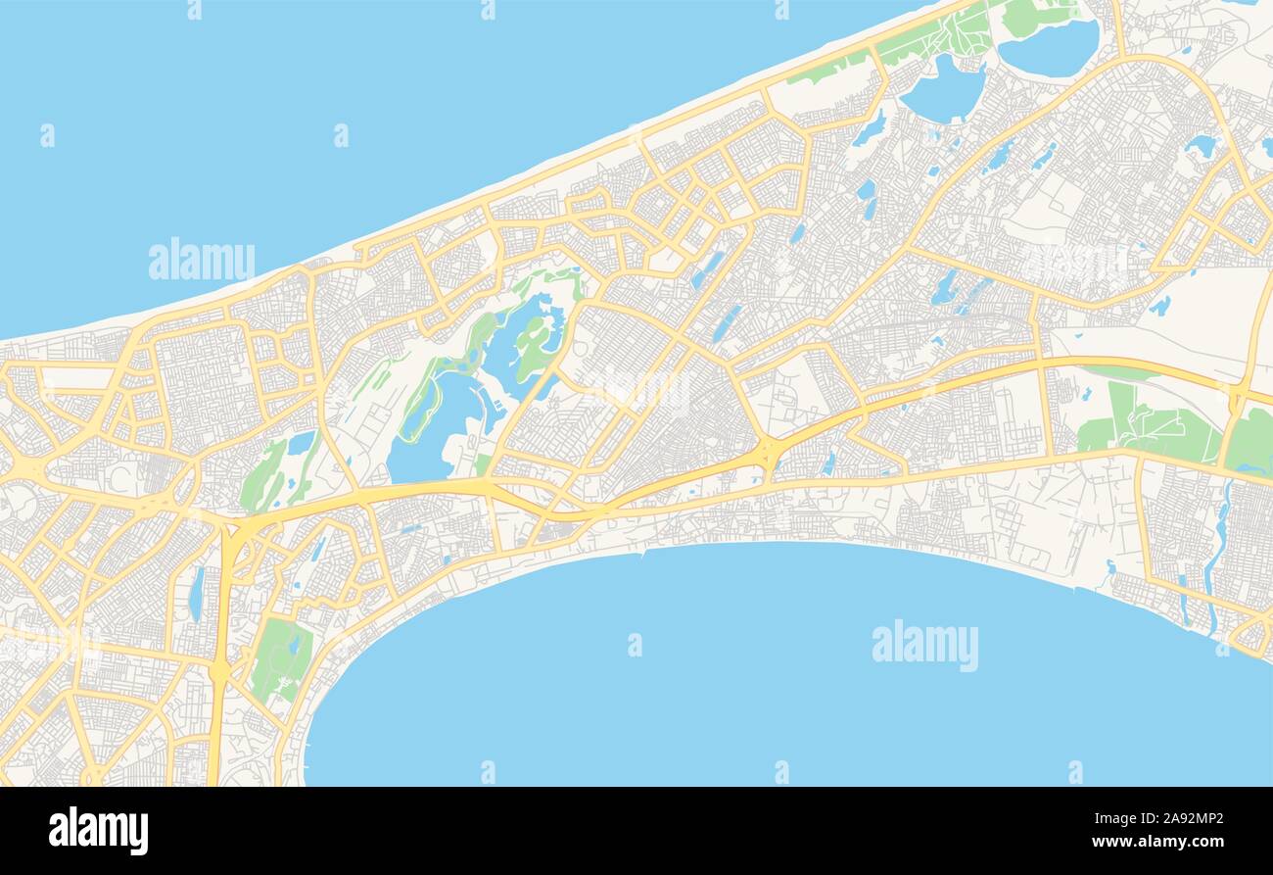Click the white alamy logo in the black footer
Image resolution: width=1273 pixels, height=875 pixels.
tap(98, 831)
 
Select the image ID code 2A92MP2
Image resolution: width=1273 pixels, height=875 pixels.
tap(1189, 819)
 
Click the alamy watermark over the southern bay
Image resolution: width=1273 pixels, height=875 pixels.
tap(924, 645)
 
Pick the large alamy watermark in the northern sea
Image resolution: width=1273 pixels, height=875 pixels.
tap(201, 261)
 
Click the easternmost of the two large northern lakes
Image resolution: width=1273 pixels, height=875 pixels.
tap(1049, 47)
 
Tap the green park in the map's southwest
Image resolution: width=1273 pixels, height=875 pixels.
tap(281, 658)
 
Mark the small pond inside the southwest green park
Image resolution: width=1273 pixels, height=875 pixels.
tap(294, 646)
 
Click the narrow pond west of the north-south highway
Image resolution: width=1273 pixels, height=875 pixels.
tap(197, 593)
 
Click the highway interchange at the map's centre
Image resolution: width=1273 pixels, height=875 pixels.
tap(771, 452)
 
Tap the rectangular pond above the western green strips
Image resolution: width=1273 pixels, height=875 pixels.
tap(301, 443)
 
